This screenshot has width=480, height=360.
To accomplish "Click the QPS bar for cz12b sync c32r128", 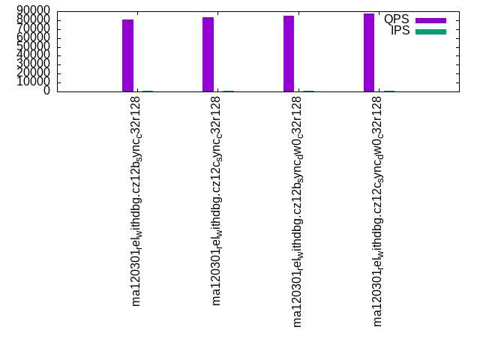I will tap(127, 55).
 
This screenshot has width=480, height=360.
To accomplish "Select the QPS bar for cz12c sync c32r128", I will tap(208, 54).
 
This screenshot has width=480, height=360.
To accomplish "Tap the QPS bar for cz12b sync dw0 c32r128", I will tap(289, 53).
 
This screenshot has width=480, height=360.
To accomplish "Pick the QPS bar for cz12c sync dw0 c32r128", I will tap(369, 52).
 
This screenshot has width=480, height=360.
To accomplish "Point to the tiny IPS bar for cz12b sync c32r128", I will tap(148, 91).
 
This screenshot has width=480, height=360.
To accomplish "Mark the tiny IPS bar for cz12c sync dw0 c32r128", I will tap(389, 91).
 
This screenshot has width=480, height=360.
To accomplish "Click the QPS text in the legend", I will tap(397, 19).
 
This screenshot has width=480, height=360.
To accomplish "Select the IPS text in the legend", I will tap(400, 31).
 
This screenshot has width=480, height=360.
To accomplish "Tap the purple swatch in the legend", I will tap(430, 20).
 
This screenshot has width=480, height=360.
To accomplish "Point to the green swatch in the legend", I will tap(430, 31).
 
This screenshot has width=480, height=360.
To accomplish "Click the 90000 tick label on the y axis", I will tap(34, 10).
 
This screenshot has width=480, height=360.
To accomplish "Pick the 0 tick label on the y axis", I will tap(46, 90).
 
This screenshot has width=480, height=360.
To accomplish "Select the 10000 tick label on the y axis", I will tap(34, 81).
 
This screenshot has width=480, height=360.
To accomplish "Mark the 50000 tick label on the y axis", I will tap(34, 46).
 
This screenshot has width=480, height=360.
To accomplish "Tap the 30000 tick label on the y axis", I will tap(34, 64).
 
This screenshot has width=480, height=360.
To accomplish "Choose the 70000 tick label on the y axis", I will tap(34, 28).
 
